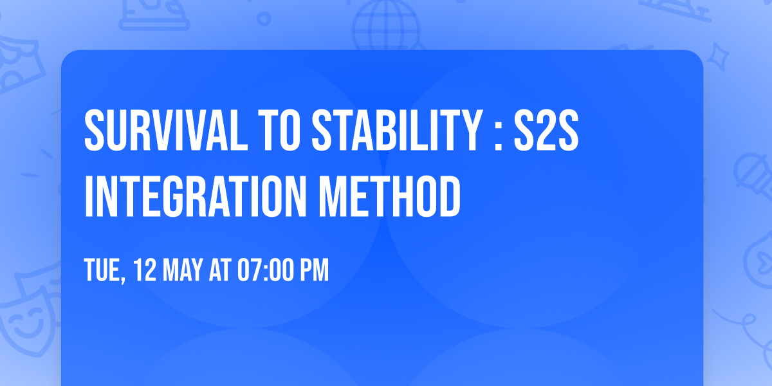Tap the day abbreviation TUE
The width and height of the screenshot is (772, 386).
pyautogui.click(x=102, y=271)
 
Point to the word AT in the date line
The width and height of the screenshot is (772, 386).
pyautogui.click(x=220, y=271)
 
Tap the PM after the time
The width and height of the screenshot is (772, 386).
pyautogui.click(x=313, y=271)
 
